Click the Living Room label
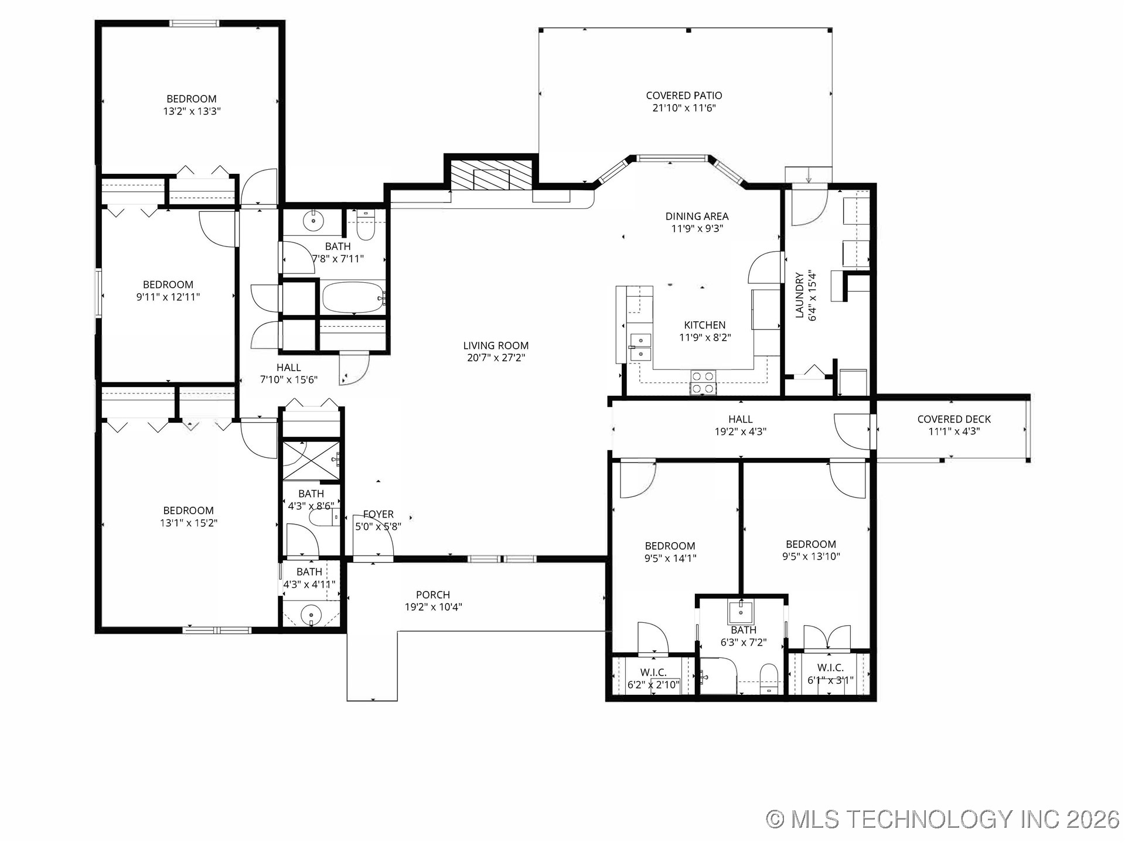click(496, 345)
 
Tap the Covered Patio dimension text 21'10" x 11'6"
click(684, 108)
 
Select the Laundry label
click(799, 296)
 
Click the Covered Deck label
click(954, 419)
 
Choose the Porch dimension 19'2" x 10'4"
click(433, 607)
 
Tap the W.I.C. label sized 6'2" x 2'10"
click(653, 673)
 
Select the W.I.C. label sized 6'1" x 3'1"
click(830, 668)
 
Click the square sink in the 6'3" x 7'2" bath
click(741, 612)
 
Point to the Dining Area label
click(697, 216)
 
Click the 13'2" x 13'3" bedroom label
click(192, 99)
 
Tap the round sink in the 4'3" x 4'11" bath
click(311, 615)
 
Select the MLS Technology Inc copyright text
click(943, 819)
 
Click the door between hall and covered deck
click(853, 431)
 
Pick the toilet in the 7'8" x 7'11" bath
click(366, 228)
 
